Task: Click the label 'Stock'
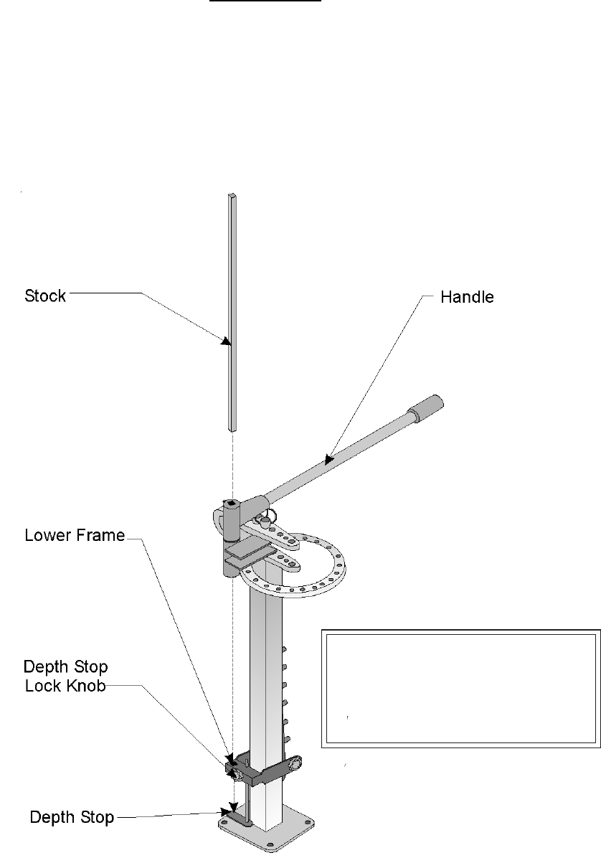[x=45, y=295]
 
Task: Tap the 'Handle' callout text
[x=467, y=296]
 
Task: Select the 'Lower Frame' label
[x=75, y=534]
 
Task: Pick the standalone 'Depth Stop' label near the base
[x=72, y=817]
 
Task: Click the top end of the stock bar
[x=232, y=196]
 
